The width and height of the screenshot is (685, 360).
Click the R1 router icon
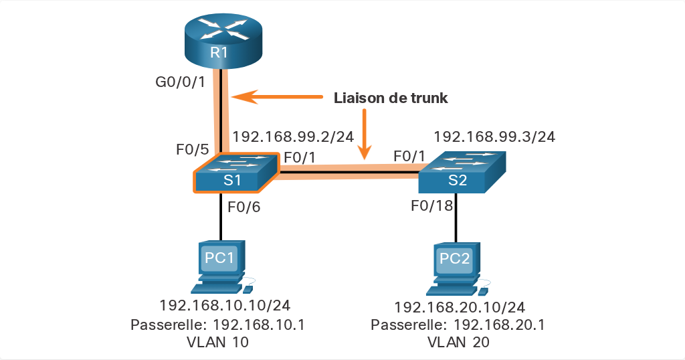[x=223, y=41]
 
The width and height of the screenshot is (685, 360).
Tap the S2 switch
[x=462, y=172]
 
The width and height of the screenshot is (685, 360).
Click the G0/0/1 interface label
[x=181, y=82]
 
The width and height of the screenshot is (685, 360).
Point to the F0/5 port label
[x=193, y=149]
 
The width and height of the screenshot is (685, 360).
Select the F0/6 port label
[x=244, y=207]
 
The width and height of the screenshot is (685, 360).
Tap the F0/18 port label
[x=432, y=205]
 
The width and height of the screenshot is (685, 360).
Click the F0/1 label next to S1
[x=300, y=157]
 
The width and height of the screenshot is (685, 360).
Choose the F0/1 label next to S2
[x=409, y=156]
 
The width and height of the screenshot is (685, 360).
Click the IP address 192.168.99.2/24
[x=293, y=137]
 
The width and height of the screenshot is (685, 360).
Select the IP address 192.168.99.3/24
[x=494, y=137]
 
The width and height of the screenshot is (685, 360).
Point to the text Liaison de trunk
[x=391, y=98]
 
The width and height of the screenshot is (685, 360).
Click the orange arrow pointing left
[x=277, y=96]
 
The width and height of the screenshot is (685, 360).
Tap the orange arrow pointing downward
[x=363, y=134]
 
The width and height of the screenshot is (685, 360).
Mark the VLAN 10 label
[x=217, y=342]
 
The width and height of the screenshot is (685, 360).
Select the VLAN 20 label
[x=458, y=342]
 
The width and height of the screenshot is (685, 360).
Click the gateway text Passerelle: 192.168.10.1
[x=217, y=325]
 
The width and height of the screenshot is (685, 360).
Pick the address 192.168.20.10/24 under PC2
[x=460, y=307]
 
